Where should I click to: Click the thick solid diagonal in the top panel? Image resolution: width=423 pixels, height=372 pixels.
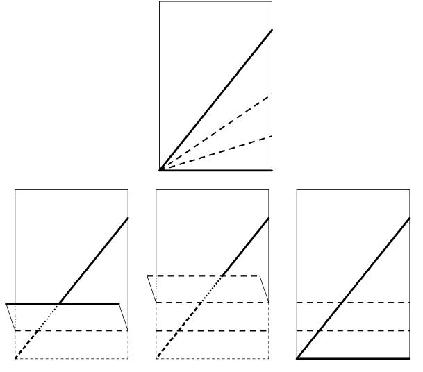pyautogui.click(x=215, y=100)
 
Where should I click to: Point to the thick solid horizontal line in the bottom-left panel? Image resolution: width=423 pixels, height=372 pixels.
pyautogui.click(x=90, y=303)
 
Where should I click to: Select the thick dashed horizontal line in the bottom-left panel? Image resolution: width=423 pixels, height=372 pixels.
pyautogui.click(x=83, y=330)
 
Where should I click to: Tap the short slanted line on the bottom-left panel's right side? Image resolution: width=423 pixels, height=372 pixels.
pyautogui.click(x=124, y=317)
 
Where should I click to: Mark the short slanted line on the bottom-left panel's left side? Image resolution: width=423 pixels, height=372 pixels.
pyautogui.click(x=10, y=317)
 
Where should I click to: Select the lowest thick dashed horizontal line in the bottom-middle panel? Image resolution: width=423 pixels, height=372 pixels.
pyautogui.click(x=208, y=330)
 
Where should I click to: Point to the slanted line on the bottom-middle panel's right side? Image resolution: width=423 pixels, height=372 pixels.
pyautogui.click(x=264, y=289)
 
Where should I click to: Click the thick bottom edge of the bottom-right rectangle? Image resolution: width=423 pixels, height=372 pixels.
pyautogui.click(x=354, y=358)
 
